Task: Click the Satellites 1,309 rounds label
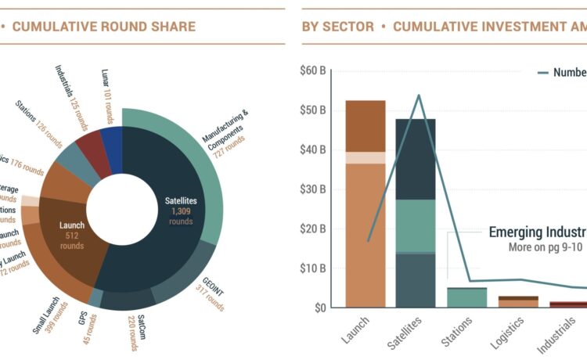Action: coord(181,210)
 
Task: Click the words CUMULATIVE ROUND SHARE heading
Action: coord(104,27)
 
